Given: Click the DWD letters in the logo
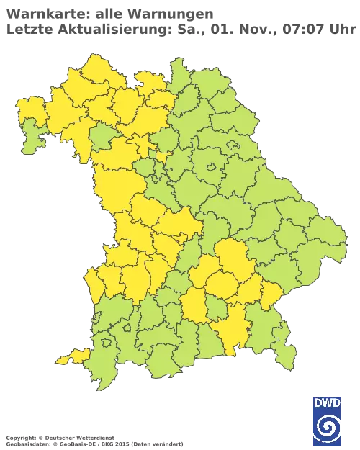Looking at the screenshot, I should point(327,402).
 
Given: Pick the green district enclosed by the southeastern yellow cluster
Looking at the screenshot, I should point(215,310).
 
